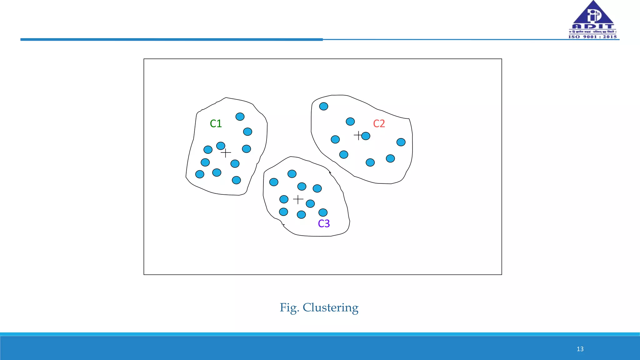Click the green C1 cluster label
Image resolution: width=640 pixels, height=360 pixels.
point(216,124)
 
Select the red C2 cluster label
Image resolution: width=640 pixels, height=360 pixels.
point(379,124)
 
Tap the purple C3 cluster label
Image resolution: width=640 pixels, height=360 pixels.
point(324,224)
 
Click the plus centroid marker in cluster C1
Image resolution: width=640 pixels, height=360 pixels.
point(226,153)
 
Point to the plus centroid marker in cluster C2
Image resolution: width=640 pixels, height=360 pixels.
point(358,136)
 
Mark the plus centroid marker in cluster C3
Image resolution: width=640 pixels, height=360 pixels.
point(298,199)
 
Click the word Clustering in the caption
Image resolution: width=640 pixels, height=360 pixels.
point(330,307)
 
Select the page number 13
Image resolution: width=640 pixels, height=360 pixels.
point(580,349)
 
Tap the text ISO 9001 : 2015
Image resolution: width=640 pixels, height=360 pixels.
point(592,37)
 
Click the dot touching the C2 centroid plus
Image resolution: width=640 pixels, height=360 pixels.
point(366,136)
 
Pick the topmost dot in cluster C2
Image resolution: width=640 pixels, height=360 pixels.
point(323,106)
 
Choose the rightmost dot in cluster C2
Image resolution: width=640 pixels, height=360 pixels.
point(401,142)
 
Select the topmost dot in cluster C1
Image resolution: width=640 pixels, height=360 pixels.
point(240,117)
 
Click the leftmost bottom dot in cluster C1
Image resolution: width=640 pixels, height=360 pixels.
point(200,174)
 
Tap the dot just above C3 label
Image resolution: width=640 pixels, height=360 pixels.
point(323,212)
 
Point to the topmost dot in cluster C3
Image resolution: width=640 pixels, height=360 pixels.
point(292,174)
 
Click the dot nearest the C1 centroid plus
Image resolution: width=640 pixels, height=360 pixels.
point(221,146)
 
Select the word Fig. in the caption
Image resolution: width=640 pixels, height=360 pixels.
point(289,307)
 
